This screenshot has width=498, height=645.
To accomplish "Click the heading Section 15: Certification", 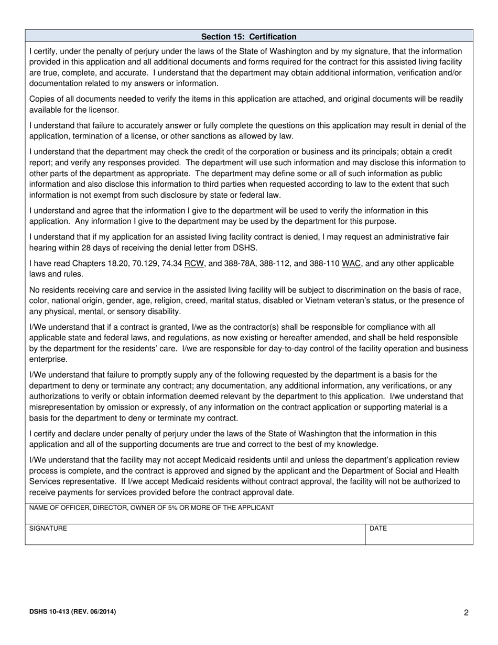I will pos(248,37).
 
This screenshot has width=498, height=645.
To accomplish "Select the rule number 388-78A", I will pos(240,263).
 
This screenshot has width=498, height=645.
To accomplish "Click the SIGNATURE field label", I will pos(48,529).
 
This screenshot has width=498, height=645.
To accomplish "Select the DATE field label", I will pos(378,529).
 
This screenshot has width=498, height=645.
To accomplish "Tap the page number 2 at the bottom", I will pos(466,612).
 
